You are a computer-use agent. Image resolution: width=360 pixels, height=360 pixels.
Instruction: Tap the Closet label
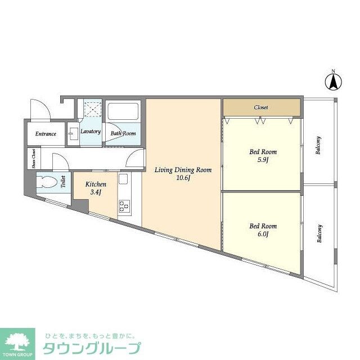click(x=260, y=107)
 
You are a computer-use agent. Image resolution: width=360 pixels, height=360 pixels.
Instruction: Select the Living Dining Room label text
click(x=183, y=170)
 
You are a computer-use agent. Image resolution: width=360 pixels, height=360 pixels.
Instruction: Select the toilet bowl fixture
click(x=47, y=182)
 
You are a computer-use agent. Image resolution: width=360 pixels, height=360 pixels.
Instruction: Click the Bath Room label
click(x=123, y=133)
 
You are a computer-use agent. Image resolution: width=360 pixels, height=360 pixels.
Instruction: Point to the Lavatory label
click(x=91, y=132)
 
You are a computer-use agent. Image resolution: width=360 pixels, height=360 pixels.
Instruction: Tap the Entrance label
click(x=46, y=134)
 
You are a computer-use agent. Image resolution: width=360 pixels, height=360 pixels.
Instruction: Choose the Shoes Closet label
click(x=33, y=159)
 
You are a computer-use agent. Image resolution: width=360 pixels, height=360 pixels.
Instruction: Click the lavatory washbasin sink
click(x=74, y=134)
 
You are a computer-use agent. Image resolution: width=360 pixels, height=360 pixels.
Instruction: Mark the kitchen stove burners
click(x=124, y=206)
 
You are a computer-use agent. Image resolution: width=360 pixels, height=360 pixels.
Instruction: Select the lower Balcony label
click(x=319, y=233)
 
